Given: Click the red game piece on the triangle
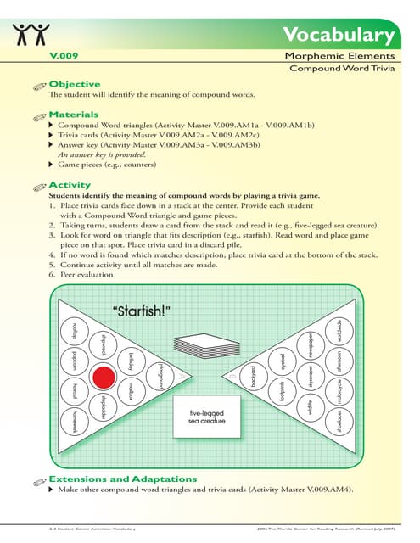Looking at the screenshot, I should pyautogui.click(x=104, y=375).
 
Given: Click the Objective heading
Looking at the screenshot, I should pyautogui.click(x=75, y=84).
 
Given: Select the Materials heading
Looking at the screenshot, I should pyautogui.click(x=74, y=114).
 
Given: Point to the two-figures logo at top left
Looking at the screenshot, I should pyautogui.click(x=31, y=36).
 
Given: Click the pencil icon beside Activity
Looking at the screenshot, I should pyautogui.click(x=36, y=186).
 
